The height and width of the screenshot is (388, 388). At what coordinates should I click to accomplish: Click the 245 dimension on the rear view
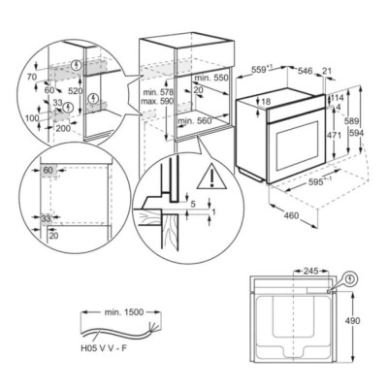(x=307, y=272)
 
